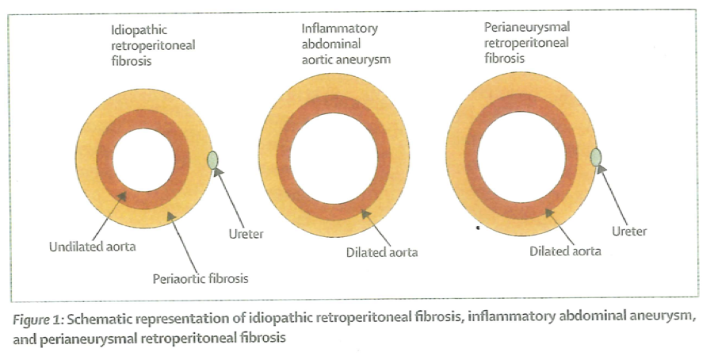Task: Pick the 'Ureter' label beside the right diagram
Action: (x=630, y=232)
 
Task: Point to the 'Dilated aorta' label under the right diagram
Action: (x=565, y=251)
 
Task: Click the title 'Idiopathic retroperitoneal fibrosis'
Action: (x=152, y=45)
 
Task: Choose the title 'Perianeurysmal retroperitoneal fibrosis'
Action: (x=526, y=43)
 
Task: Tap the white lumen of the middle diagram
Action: (x=334, y=155)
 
